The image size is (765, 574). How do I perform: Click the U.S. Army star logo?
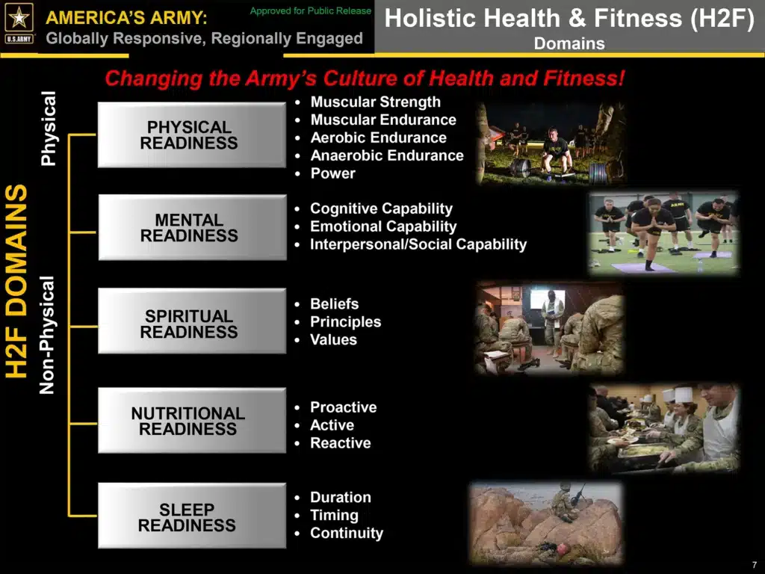pos(19,23)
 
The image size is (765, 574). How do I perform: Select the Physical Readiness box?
pos(192,135)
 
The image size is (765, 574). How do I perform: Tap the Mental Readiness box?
pos(192,227)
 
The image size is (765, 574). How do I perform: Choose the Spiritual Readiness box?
pos(192,321)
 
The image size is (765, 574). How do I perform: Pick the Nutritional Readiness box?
pos(192,420)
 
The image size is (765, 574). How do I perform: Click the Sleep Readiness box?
pos(192,516)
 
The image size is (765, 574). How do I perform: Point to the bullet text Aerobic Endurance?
pos(379,138)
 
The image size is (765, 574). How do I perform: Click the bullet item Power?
pos(332,173)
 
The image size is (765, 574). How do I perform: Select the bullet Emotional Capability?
pos(383,226)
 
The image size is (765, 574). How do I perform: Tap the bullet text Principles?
pos(345,321)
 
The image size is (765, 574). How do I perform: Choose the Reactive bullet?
pos(341,442)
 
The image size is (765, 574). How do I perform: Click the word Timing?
pos(334,516)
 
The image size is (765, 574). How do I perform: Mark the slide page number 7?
pos(755,565)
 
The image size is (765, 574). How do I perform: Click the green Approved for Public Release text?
pos(311,10)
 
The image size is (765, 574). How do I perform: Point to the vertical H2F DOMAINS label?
pos(16,281)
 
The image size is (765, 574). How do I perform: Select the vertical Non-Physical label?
pos(47,336)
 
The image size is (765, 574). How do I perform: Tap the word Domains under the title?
pos(569,43)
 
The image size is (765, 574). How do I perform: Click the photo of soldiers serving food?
pos(664,429)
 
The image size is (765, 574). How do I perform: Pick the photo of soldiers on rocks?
pos(546,523)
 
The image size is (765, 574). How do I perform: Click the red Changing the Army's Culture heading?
pos(365,78)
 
